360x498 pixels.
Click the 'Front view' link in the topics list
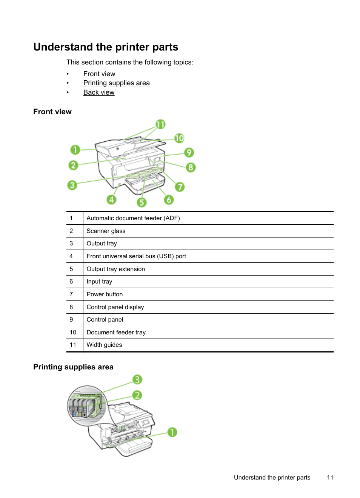[99, 74]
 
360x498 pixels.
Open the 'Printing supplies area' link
[116, 83]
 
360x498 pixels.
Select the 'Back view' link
[99, 92]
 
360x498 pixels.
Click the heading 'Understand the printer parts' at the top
[106, 47]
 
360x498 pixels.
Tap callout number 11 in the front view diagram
[160, 124]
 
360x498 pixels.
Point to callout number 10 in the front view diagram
[179, 138]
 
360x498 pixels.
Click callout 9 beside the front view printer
[189, 152]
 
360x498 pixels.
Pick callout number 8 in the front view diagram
[191, 167]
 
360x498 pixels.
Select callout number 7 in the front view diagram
[180, 187]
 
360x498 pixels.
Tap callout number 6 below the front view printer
[169, 199]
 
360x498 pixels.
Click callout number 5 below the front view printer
[142, 202]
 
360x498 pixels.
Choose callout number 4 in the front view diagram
[111, 199]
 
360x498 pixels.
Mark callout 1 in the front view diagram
[75, 150]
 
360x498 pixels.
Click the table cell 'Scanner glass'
[106, 231]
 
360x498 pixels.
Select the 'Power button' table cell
[105, 294]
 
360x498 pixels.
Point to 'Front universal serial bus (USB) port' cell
[136, 256]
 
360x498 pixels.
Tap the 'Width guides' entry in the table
[104, 345]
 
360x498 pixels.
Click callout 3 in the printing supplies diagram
[137, 379]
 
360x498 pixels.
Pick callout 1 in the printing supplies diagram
[172, 432]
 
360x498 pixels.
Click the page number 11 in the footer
[330, 478]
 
